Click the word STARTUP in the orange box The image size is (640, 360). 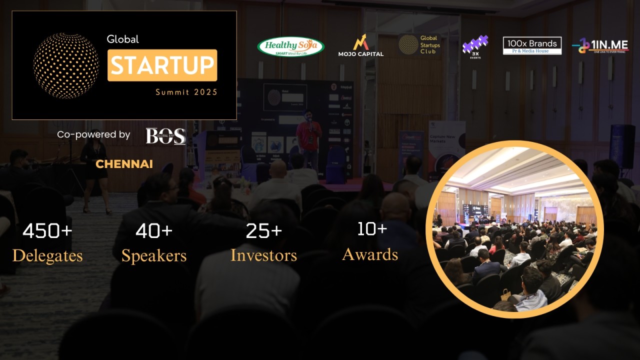click(162, 65)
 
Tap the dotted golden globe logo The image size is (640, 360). click(66, 65)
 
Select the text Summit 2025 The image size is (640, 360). click(186, 92)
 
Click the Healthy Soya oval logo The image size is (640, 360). click(290, 46)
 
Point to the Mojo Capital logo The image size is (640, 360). click(360, 45)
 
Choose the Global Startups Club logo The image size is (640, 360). click(419, 44)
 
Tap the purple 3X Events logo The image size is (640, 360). click(474, 46)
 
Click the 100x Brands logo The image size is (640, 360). click(532, 45)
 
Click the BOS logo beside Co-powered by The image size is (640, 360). click(165, 135)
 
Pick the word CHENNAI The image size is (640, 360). click(124, 164)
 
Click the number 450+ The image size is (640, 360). click(47, 231)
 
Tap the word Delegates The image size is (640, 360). click(47, 256)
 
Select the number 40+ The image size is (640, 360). click(154, 231)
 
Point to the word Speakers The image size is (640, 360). click(154, 256)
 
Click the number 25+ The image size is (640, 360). click(263, 231)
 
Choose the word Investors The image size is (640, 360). click(263, 255)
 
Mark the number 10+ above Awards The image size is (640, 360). click(371, 229)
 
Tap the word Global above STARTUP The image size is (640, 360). click(122, 39)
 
